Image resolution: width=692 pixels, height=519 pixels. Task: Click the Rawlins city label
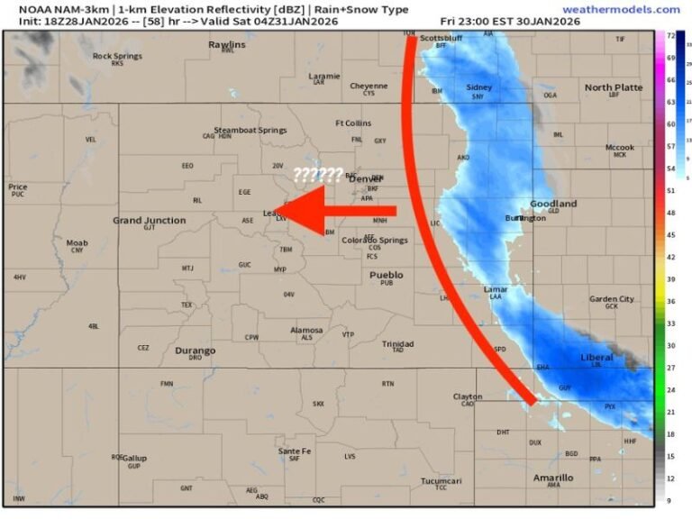coord(226,44)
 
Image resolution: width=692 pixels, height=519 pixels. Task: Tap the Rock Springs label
coord(116,56)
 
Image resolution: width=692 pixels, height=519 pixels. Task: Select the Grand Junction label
coord(150,220)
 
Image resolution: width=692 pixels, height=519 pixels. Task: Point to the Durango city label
coord(196,351)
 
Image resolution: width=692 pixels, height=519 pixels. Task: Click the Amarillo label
coord(552,478)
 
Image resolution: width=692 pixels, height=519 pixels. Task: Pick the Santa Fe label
coord(295,451)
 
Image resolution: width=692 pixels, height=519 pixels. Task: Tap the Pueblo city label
coord(387,275)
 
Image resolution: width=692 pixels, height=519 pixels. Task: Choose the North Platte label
coord(614,87)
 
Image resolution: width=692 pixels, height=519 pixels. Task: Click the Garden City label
coord(611,299)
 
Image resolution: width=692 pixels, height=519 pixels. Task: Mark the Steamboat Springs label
coord(250,131)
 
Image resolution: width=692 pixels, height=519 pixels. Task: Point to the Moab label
coord(77,242)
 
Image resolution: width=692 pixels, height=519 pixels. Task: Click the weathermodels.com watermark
coord(621,9)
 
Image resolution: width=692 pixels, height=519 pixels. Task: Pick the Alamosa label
coord(306,331)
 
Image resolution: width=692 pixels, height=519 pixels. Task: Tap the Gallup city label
coord(134,458)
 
